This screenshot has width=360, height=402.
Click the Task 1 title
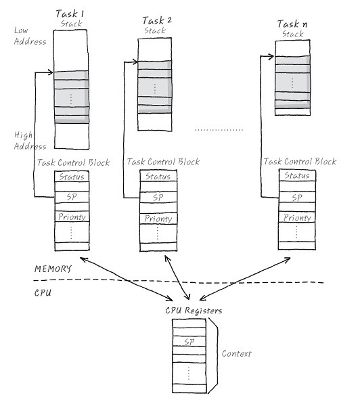pos(70,14)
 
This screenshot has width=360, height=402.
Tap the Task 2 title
pos(157,20)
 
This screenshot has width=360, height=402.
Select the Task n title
pos(292,24)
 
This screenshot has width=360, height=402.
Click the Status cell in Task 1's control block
pos(72,177)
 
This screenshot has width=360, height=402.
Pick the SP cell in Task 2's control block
pos(158,198)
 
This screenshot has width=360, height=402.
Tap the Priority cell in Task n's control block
pos(297,217)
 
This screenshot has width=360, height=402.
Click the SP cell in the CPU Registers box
pos(189,342)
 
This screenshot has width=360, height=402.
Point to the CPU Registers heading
pos(194,311)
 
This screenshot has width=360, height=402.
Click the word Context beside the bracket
pos(236,353)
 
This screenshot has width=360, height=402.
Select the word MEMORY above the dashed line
pos(53,269)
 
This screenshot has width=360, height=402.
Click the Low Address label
pos(30,36)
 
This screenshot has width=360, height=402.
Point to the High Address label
pos(30,141)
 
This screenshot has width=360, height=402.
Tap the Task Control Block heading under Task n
pos(300,161)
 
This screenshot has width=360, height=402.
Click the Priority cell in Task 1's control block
pos(72,217)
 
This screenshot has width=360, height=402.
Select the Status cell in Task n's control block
pos(297,175)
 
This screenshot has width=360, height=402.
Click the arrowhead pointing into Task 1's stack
pos(50,72)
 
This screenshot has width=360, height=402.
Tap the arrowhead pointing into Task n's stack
pos(271,57)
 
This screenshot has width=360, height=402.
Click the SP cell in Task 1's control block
pos(72,197)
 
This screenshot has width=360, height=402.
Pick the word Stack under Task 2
pos(154,30)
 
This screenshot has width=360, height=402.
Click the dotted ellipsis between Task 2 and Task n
pos(219,130)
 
